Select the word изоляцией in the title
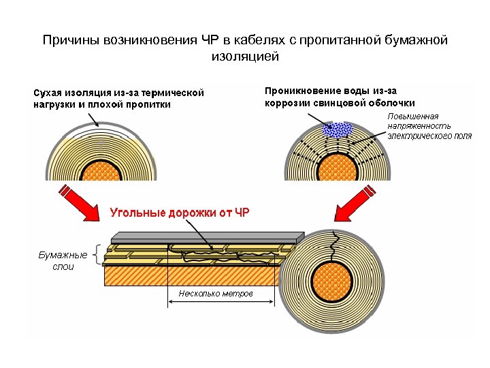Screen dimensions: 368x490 (x=245, y=57)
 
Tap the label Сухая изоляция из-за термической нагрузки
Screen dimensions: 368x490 (x=118, y=98)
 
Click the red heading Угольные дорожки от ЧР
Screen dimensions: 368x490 (x=180, y=213)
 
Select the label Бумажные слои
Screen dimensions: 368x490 (x=63, y=260)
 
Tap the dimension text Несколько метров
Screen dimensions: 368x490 (x=215, y=294)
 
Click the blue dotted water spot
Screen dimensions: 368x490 (x=337, y=128)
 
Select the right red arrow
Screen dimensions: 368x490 (x=357, y=206)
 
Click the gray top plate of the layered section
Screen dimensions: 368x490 (x=204, y=236)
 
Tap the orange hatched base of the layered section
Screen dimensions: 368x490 (x=191, y=275)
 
